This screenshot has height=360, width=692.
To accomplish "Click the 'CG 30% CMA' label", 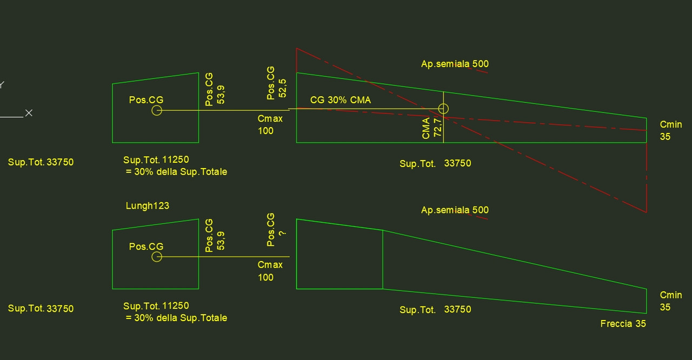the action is tap(341, 101).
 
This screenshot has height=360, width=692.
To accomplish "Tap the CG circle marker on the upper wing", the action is tap(443, 109).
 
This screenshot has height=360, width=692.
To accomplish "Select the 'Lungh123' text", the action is tap(148, 206).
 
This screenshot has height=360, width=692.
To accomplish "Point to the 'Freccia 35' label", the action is tap(623, 324).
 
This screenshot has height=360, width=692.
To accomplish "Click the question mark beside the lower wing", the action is tap(282, 233).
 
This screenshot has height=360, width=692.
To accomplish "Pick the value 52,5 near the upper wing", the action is tap(282, 88).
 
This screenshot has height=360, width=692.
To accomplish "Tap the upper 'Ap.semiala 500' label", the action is tap(455, 64).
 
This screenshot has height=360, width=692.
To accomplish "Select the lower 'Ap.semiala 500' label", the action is tap(455, 210).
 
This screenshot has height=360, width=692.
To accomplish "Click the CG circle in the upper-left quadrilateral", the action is tap(157, 110).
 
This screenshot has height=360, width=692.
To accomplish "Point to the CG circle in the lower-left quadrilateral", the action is tap(157, 257).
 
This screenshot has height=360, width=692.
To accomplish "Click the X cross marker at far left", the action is tap(29, 113).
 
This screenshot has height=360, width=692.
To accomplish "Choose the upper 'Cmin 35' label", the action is tap(671, 131).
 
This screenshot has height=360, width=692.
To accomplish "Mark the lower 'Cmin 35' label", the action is tap(671, 301).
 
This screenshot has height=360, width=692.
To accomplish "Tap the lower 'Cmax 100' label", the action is tap(270, 271).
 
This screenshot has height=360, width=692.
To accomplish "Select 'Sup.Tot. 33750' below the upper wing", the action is tap(435, 163).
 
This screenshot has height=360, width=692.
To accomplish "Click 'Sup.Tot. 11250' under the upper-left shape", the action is tap(156, 160).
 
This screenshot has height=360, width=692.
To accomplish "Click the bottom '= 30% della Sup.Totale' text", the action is tap(176, 318).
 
